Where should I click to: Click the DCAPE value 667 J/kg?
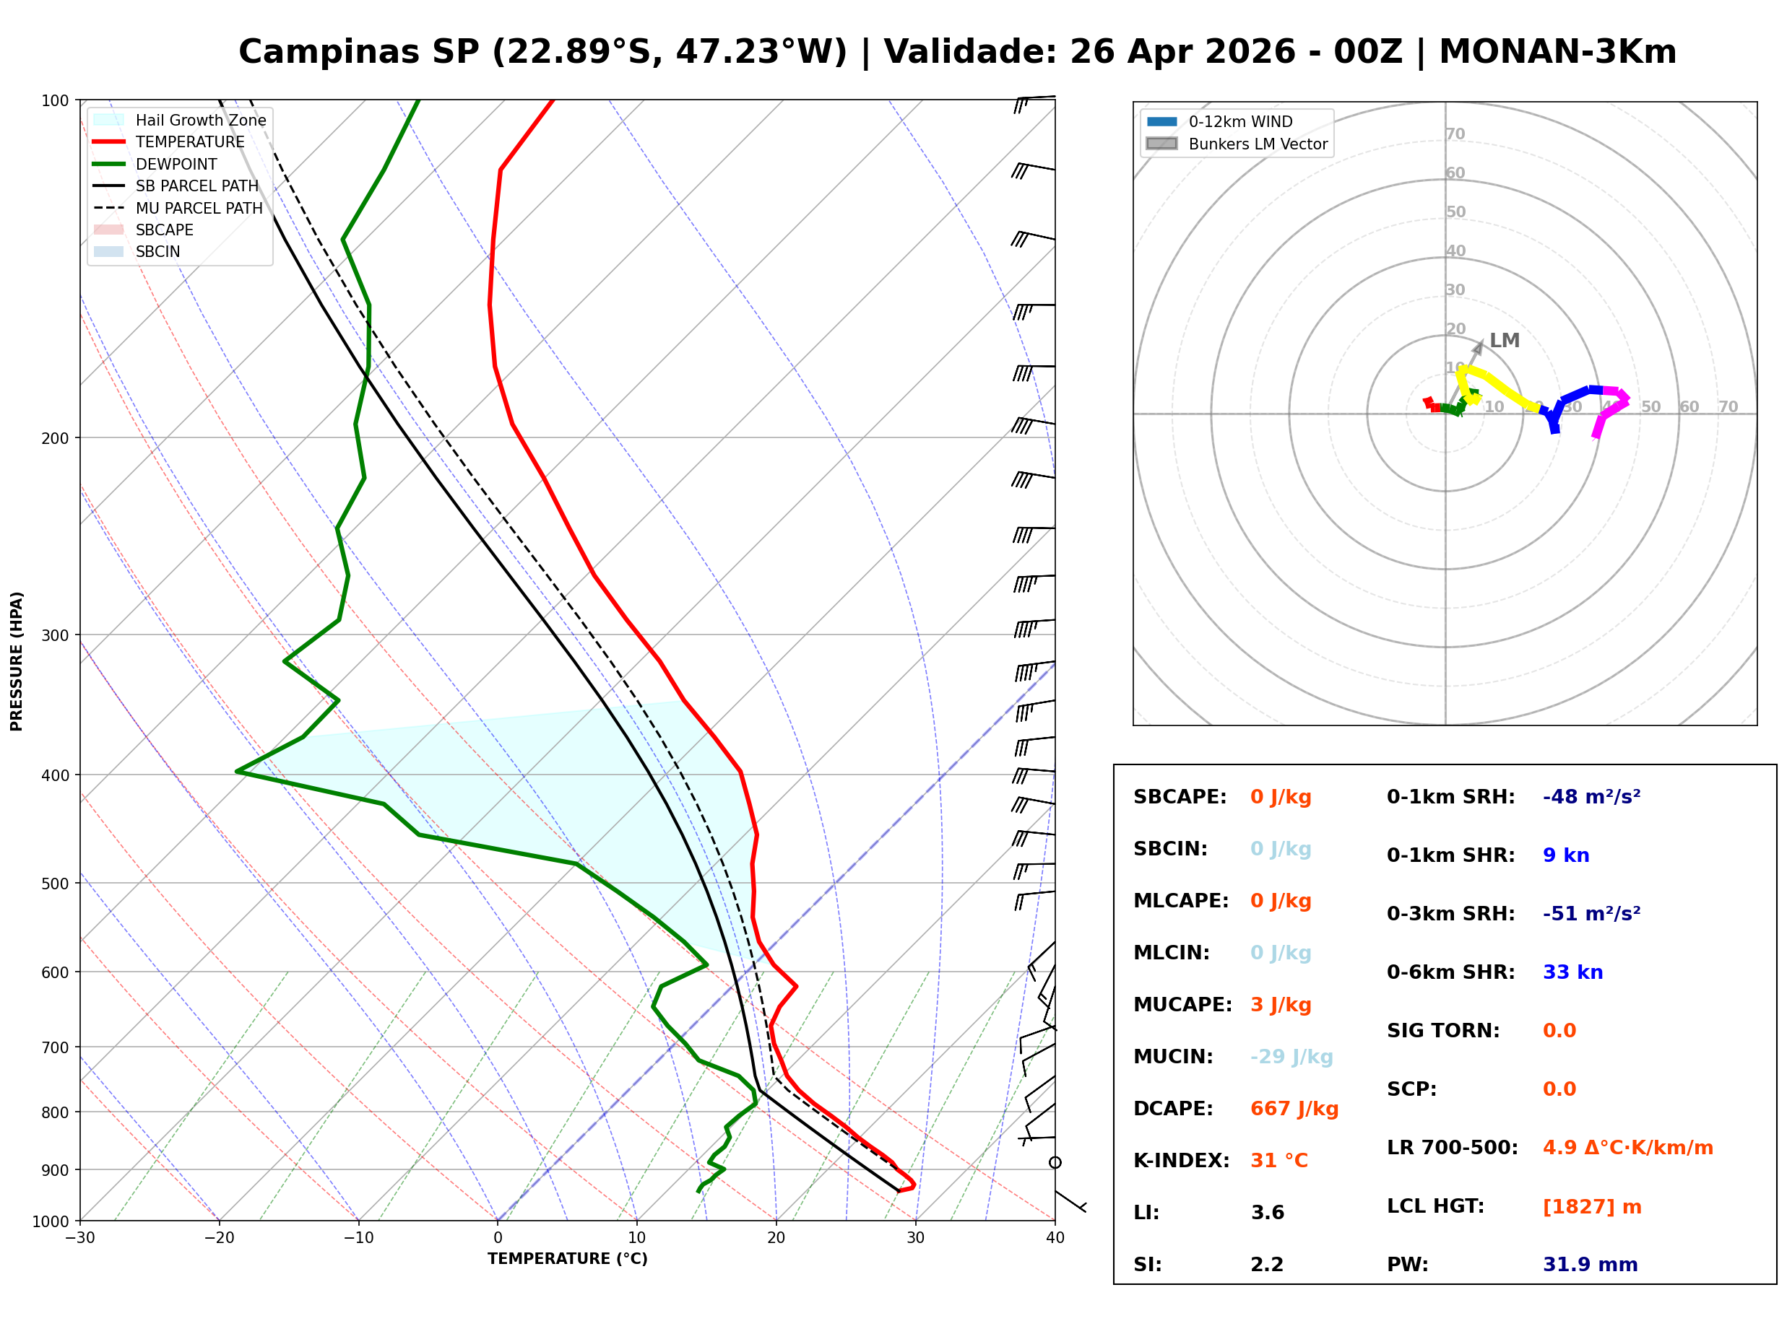(x=1294, y=1108)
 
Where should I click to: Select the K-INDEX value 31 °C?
(x=1278, y=1160)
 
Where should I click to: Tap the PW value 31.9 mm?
(x=1589, y=1264)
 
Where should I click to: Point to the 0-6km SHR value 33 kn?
(x=1572, y=972)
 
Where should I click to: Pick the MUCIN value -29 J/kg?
(x=1291, y=1056)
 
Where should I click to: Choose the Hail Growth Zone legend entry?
(x=200, y=120)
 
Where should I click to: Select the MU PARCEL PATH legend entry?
(x=199, y=208)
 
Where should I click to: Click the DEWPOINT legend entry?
(x=176, y=164)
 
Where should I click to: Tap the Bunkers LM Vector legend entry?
(x=1258, y=144)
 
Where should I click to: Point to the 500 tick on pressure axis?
(x=55, y=884)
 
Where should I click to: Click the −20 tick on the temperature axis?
(x=218, y=1238)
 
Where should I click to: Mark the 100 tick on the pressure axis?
(x=55, y=101)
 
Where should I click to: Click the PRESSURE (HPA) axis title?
(x=17, y=660)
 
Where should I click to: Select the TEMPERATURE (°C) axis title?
(x=567, y=1259)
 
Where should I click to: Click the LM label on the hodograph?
(x=1504, y=341)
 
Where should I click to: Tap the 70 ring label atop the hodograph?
(x=1455, y=134)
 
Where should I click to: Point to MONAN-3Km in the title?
(x=1557, y=52)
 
